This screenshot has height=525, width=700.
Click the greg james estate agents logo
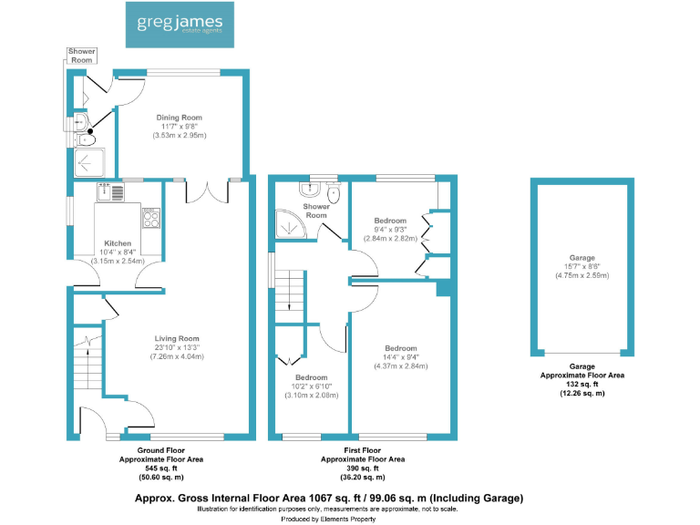[180, 25]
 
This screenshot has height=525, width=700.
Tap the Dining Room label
[179, 118]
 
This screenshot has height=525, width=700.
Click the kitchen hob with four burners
[150, 218]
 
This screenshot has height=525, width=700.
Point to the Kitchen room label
[118, 243]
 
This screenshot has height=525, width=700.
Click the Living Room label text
[177, 339]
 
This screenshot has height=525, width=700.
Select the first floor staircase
[291, 292]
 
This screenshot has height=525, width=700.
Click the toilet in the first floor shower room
[334, 193]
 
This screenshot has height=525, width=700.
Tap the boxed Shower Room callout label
[82, 56]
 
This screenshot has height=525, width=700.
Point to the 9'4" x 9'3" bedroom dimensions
[390, 230]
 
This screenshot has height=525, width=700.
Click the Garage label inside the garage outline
[582, 258]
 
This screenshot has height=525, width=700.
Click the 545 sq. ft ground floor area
[160, 468]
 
